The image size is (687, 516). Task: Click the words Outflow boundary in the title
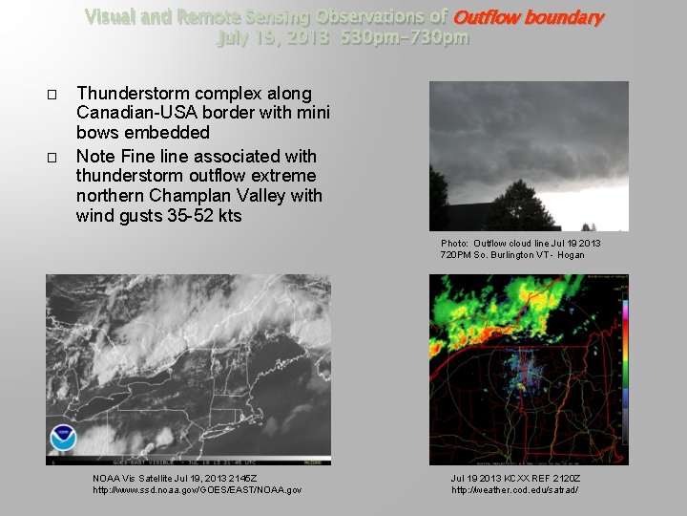coord(529,17)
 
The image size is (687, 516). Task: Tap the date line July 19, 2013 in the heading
coord(271,38)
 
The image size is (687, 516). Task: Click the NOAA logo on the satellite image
coord(63,439)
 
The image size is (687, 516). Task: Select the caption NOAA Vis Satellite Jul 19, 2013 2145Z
coord(175,478)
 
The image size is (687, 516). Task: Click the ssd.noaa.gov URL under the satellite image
coord(197,490)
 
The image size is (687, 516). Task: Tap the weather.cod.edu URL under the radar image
coord(514,490)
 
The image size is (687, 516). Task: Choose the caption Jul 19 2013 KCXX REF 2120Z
coord(515,478)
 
